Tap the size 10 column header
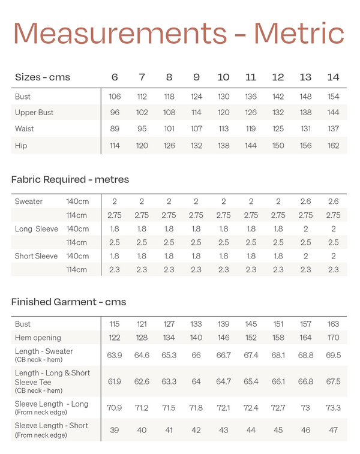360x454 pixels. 223,77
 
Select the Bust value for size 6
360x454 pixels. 115,97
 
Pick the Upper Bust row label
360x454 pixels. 34,113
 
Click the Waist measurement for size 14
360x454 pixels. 334,129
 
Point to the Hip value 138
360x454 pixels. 223,146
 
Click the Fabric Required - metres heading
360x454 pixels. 70,179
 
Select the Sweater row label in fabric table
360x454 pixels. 29,202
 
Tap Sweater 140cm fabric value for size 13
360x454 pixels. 306,202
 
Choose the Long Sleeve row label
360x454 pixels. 36,229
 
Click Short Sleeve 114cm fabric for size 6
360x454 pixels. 115,270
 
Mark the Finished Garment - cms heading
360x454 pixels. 68,302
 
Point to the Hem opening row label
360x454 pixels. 38,338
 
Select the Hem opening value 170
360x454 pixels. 334,338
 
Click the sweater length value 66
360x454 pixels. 196,355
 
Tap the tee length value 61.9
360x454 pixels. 115,381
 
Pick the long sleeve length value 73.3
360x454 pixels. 334,408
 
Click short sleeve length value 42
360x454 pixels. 196,430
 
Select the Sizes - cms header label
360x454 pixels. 42,77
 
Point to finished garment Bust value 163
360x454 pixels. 334,324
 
